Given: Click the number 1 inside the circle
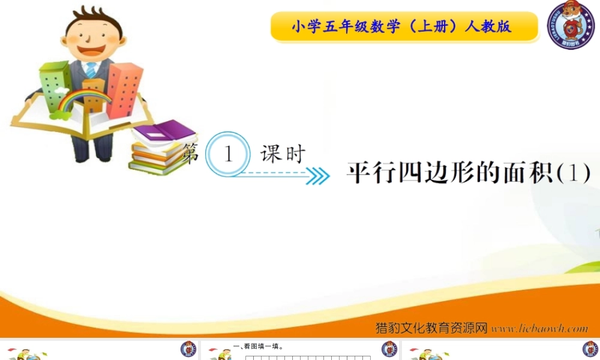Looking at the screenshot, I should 227,154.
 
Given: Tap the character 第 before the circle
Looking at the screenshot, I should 190,154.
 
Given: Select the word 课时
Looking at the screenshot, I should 283,154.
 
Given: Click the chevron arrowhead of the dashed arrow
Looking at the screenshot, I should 319,175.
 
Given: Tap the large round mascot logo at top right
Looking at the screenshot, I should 571,25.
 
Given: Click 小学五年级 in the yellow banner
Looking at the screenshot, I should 318,27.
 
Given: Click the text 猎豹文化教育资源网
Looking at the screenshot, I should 431,328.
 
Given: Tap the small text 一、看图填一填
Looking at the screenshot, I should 259,346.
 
